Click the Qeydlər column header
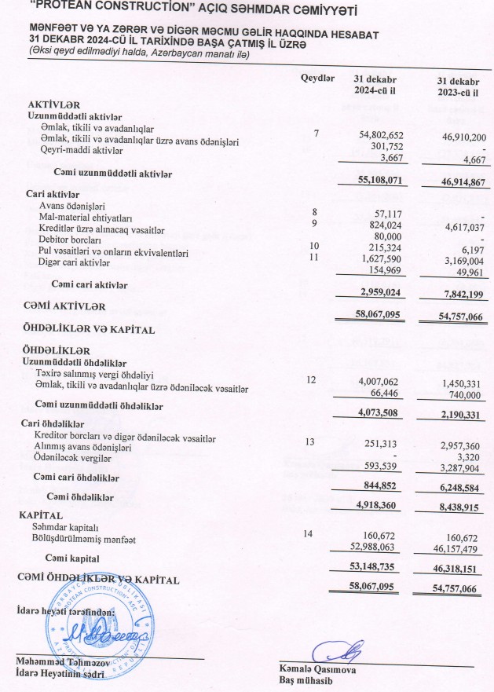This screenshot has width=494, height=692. [x=317, y=79]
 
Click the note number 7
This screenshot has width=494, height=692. [x=316, y=134]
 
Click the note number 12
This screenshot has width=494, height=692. [x=312, y=379]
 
